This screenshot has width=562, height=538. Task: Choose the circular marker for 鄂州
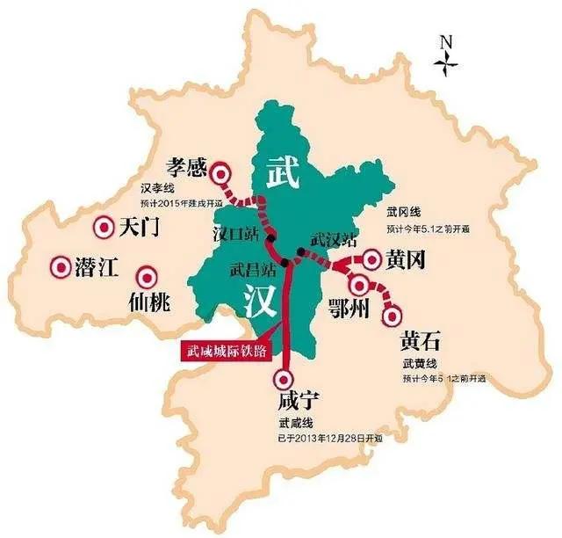[x=359, y=283]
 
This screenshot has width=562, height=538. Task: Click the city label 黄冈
[x=407, y=258]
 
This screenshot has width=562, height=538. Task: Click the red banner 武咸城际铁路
[x=224, y=350]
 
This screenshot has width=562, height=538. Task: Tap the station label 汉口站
[x=235, y=236]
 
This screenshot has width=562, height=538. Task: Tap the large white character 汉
[x=261, y=302]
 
